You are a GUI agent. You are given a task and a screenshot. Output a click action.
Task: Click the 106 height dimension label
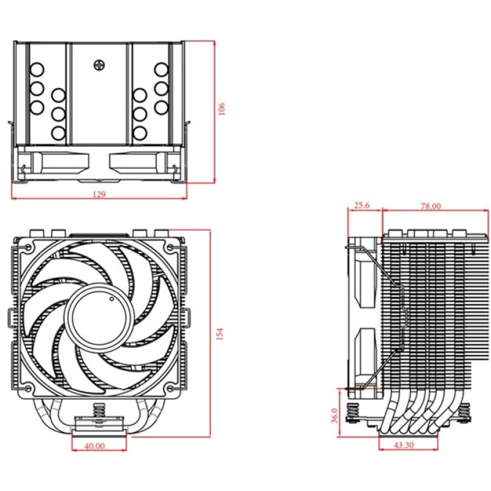[x=222, y=109]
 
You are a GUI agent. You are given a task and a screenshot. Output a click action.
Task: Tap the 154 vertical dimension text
[x=219, y=333]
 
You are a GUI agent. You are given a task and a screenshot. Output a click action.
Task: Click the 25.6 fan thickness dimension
[x=363, y=206]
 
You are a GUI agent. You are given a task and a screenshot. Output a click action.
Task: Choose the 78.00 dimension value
[x=431, y=206]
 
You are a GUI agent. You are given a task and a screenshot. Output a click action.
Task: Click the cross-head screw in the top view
[x=99, y=64]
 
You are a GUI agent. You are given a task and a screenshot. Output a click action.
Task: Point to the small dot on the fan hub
[x=111, y=300]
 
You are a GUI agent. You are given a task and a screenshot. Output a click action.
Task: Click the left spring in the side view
[x=354, y=413]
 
